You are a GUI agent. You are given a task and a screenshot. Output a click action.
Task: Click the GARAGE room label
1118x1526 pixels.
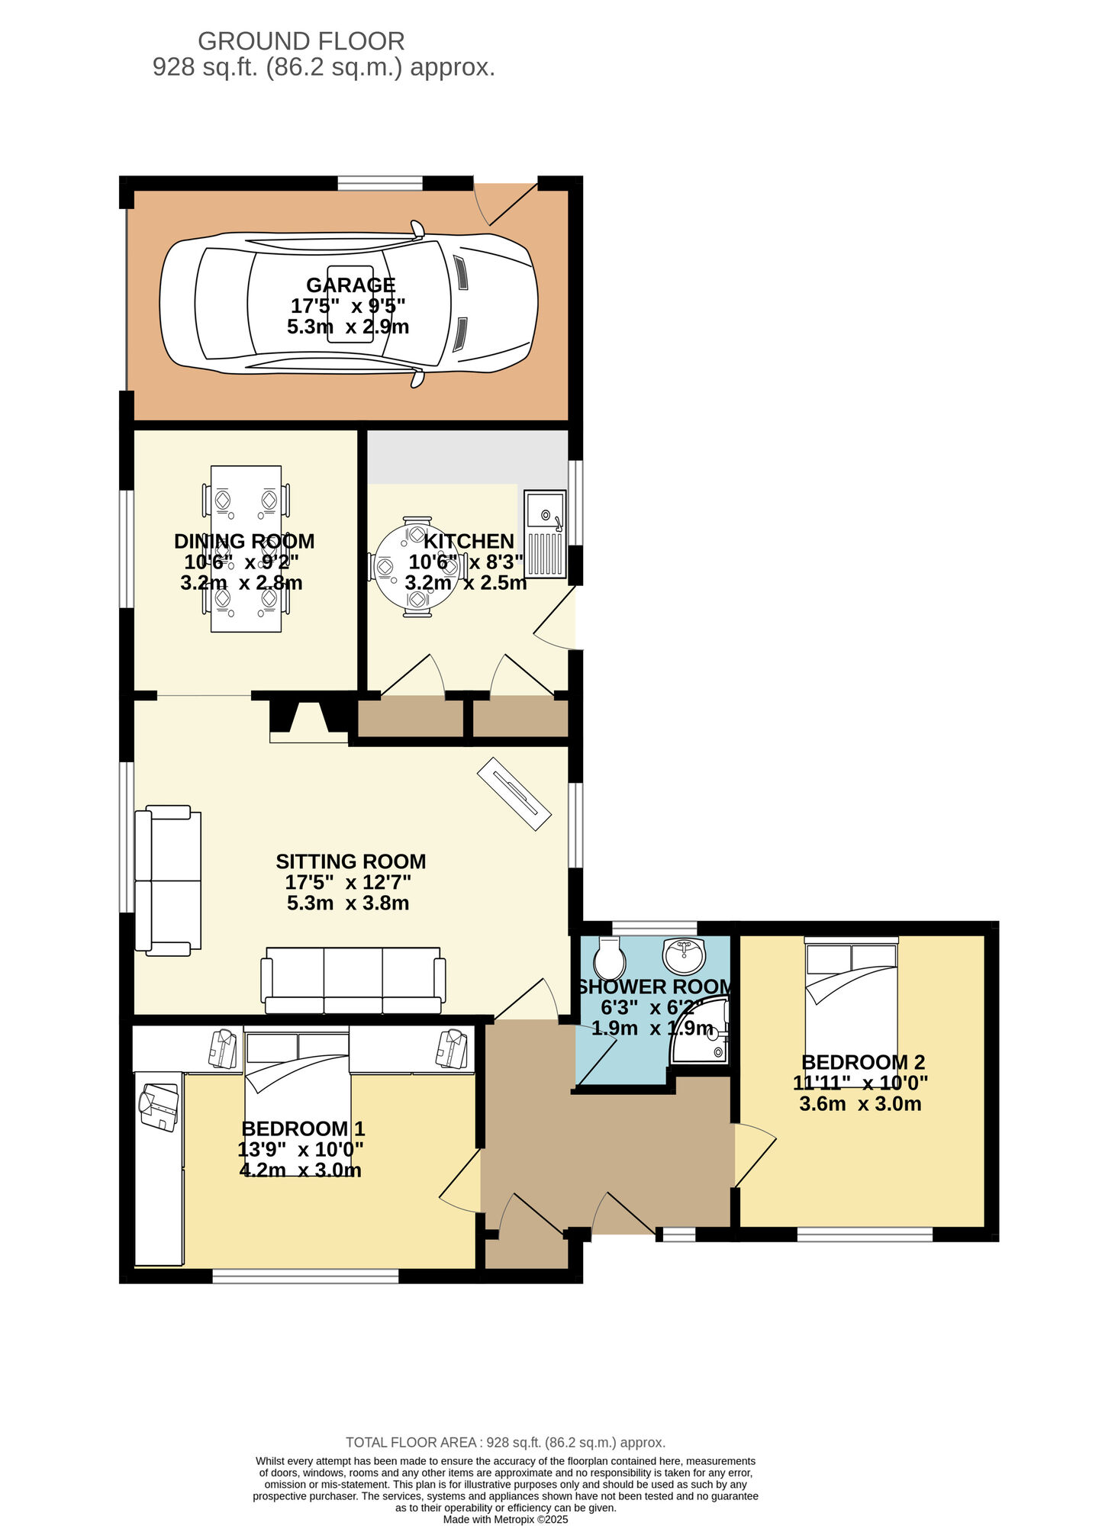(x=350, y=285)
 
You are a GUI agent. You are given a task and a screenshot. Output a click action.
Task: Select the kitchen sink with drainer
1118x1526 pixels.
(x=545, y=534)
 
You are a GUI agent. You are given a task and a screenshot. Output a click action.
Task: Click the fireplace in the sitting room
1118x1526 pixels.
(x=308, y=720)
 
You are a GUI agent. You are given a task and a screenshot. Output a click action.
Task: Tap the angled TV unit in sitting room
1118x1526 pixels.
(x=514, y=794)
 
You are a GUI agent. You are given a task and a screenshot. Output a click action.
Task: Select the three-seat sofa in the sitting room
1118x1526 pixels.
(x=353, y=980)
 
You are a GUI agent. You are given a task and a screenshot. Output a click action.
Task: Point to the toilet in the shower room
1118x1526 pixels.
(x=609, y=958)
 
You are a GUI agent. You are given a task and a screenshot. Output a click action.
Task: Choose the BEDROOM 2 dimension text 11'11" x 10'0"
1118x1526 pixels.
(x=860, y=1083)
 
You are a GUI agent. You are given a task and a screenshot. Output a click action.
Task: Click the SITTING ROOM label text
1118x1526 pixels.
(x=350, y=861)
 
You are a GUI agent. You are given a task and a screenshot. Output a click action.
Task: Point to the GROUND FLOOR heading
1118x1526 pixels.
(x=301, y=40)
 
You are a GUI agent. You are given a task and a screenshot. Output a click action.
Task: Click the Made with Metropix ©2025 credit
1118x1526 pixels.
(x=505, y=1519)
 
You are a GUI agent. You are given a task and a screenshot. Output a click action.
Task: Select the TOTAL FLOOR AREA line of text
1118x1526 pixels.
(x=505, y=1442)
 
